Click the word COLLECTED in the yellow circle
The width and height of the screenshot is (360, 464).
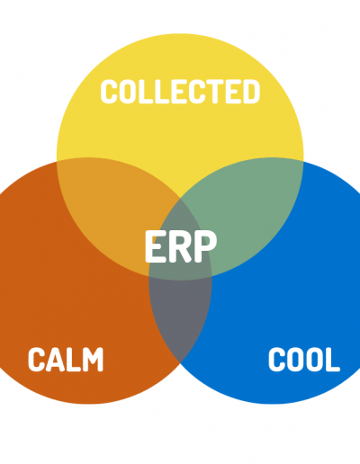[x=180, y=92]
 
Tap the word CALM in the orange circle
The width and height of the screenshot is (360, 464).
[x=66, y=360]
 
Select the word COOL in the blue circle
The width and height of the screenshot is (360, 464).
[x=304, y=360]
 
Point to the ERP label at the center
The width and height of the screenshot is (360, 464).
[x=181, y=246]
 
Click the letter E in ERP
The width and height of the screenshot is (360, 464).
[x=156, y=246]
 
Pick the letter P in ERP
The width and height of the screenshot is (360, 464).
[x=205, y=246]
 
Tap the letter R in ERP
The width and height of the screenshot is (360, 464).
[x=181, y=246]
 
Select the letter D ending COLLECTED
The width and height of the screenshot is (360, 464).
[x=250, y=92]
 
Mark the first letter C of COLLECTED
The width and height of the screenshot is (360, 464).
[x=110, y=92]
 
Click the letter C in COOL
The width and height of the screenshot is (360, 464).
[x=276, y=360]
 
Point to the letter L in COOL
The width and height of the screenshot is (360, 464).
[x=333, y=360]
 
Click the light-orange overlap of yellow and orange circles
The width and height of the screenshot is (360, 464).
[x=111, y=210]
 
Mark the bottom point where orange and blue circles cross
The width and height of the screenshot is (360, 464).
[x=180, y=363]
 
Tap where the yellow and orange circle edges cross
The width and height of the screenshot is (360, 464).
[x=57, y=162]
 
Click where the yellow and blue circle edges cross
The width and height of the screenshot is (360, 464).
[x=303, y=162]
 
